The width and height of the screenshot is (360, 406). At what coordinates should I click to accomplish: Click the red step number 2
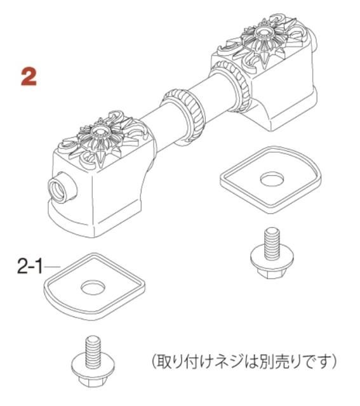coord(29,76)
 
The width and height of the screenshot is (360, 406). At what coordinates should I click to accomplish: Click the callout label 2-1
coord(30,266)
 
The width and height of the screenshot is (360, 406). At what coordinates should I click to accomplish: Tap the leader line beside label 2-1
coord(52,266)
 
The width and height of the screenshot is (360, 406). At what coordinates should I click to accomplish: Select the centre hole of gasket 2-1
coord(93,287)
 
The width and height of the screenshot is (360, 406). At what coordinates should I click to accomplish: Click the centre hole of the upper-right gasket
coord(272,180)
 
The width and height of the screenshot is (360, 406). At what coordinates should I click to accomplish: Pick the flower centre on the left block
coord(100,132)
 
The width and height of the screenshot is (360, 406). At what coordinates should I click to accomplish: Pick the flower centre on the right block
coord(264,32)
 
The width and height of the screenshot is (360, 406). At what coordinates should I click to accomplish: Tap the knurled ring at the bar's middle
coord(185,114)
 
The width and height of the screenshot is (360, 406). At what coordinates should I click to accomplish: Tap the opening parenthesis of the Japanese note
coord(154,361)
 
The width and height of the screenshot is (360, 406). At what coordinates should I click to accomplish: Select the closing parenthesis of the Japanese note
coord(334,361)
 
